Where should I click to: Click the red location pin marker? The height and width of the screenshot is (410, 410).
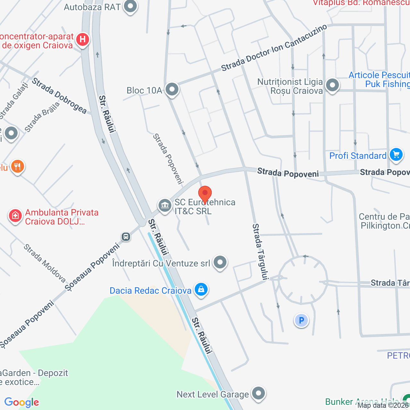(x=205, y=193)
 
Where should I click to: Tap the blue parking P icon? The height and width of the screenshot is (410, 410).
(x=301, y=320)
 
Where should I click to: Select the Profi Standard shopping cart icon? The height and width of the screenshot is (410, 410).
(x=396, y=155)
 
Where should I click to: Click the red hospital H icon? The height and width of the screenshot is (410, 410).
(x=83, y=40)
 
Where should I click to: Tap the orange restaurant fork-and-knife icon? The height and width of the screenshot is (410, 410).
(x=18, y=167)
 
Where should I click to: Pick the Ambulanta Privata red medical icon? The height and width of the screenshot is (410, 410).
(x=15, y=216)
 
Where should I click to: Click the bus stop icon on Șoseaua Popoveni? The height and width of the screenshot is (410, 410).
(x=126, y=237)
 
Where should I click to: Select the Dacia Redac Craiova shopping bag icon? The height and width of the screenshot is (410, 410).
(x=201, y=289)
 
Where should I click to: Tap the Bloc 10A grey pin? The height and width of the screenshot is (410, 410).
(x=172, y=89)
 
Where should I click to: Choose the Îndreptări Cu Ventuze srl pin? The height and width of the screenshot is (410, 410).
(x=220, y=262)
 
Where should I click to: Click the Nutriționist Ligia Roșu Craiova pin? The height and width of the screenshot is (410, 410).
(x=332, y=85)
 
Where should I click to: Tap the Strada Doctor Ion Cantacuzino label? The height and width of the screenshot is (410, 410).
(x=274, y=48)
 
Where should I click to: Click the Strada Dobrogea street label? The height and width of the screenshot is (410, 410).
(x=59, y=96)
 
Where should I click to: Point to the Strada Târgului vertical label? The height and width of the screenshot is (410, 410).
(x=260, y=252)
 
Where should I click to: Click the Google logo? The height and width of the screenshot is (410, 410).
(x=22, y=402)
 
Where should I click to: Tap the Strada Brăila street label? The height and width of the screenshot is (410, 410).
(x=42, y=117)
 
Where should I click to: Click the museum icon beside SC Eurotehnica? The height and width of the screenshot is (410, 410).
(x=165, y=205)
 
